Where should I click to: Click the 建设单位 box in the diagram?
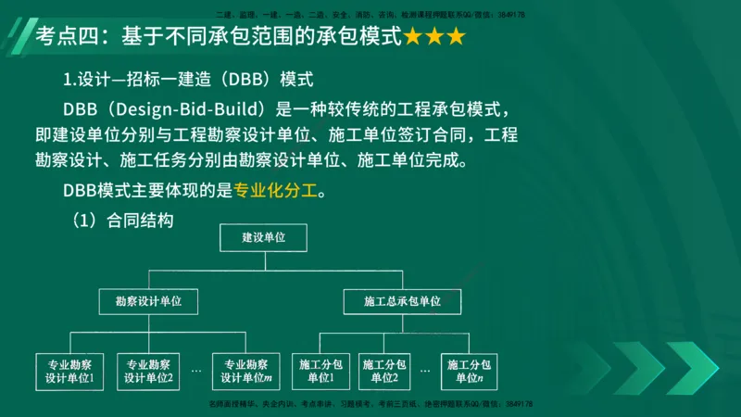click(263, 238)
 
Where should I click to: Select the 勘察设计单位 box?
click(148, 301)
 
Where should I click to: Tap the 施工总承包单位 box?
click(401, 301)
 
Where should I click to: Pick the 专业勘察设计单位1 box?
click(70, 371)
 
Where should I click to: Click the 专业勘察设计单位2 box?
click(150, 371)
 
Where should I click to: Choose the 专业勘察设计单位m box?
click(245, 371)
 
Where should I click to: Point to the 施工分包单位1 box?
click(320, 371)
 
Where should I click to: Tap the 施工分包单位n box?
click(468, 371)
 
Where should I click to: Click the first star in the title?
click(412, 38)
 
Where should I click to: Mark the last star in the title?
click(455, 38)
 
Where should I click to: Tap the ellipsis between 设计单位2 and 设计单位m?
click(196, 371)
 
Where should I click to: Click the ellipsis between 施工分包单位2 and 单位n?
click(425, 371)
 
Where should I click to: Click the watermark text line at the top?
click(370, 15)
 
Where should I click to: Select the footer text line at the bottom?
click(370, 405)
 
